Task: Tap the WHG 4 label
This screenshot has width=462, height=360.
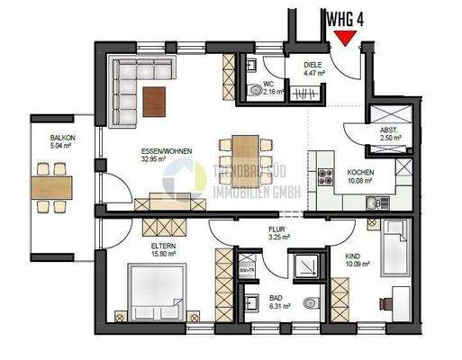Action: (x=347, y=16)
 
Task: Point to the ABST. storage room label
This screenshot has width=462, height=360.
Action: (x=389, y=130)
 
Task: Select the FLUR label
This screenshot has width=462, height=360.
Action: (x=277, y=229)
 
